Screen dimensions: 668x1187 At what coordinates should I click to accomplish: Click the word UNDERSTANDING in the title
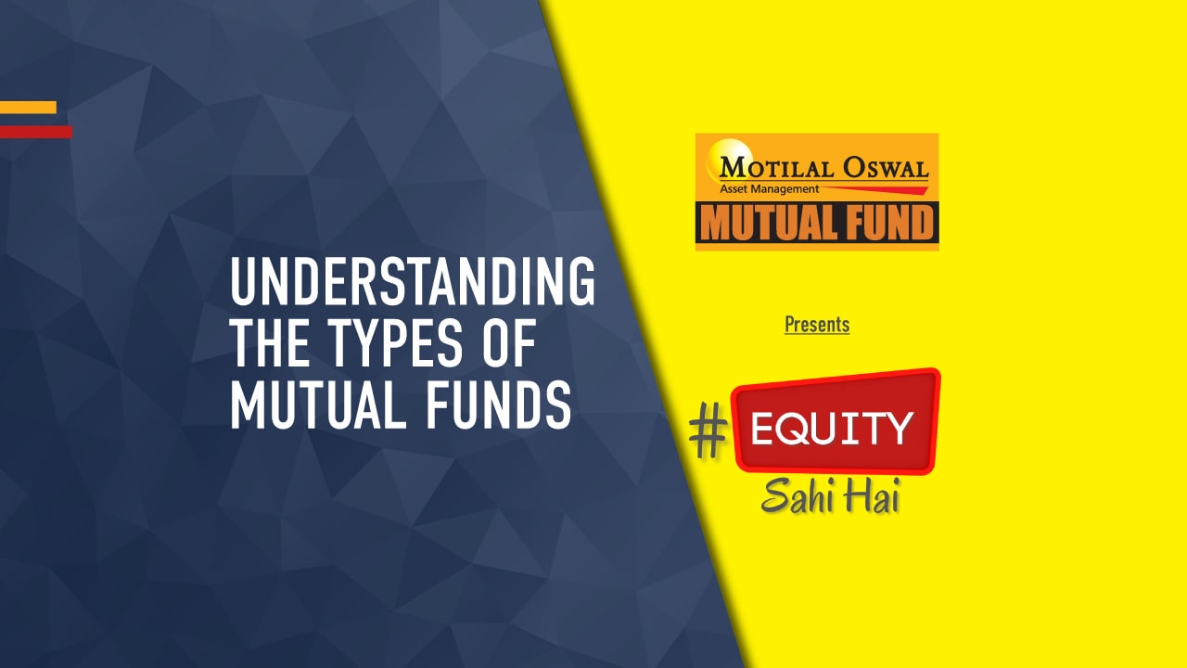tap(413, 284)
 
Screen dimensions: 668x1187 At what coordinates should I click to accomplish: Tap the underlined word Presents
tap(817, 324)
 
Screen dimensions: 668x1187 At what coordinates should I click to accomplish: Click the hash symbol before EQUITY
tap(708, 434)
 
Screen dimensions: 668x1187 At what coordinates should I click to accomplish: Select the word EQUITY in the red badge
tap(831, 429)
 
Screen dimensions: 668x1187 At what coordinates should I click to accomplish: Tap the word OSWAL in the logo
tap(883, 169)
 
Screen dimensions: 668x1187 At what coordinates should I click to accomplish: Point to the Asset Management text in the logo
tap(769, 189)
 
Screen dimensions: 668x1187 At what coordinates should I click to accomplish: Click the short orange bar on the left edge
tap(28, 108)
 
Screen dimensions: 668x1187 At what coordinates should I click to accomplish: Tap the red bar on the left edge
tap(35, 132)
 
